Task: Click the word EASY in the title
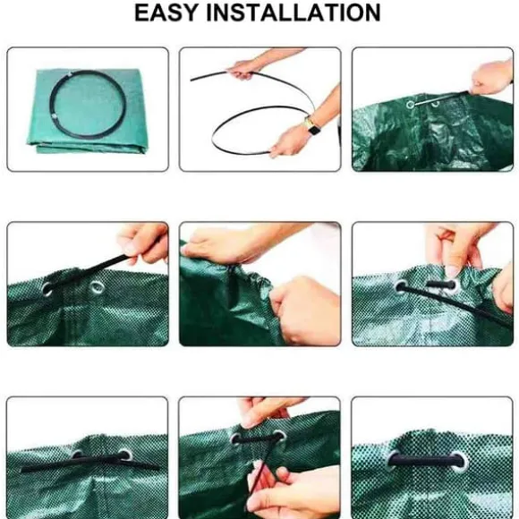point(166,13)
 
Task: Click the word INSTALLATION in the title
point(294,13)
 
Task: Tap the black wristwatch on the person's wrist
point(311,126)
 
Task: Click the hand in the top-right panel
point(492,78)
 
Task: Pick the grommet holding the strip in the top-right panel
point(411,105)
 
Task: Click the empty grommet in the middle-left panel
point(97,286)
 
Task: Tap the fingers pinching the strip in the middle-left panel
point(142,243)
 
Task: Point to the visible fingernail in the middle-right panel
point(452,271)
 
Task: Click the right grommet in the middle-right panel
point(452,285)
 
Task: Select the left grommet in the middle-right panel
point(401,286)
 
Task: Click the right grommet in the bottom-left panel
point(125,455)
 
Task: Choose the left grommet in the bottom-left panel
point(78,455)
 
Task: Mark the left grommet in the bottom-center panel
point(236,438)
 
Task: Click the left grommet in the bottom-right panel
point(394,460)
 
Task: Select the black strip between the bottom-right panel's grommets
point(427,460)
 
